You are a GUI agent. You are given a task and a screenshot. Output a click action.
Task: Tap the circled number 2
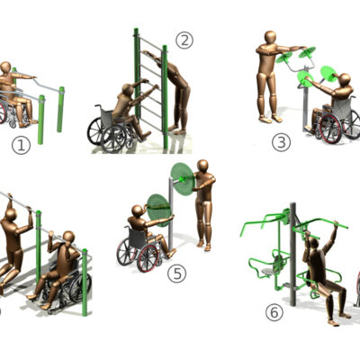(x=184, y=40)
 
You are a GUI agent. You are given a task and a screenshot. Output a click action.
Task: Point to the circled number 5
(x=176, y=274)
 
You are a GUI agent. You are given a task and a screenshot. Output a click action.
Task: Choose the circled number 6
(x=274, y=312)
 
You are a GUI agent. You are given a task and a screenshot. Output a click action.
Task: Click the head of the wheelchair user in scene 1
(x=7, y=67)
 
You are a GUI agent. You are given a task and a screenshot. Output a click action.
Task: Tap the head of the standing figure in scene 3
(x=269, y=39)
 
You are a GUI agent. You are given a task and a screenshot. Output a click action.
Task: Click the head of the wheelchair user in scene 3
(x=342, y=80)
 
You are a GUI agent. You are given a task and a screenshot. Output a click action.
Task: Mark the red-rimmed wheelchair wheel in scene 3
(x=329, y=128)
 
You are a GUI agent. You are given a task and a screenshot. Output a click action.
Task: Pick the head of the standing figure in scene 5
(x=202, y=166)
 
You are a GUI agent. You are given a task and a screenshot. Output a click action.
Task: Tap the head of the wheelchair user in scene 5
(x=137, y=212)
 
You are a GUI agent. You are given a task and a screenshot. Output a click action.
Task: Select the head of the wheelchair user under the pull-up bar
(x=67, y=238)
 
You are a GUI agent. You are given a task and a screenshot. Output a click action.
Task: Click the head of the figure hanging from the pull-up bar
(x=11, y=213)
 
